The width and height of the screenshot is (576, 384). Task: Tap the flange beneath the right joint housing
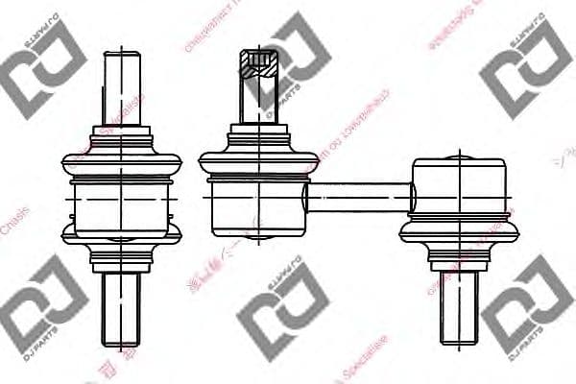point(460,231)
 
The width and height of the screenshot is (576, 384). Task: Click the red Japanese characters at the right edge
point(566,154)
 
